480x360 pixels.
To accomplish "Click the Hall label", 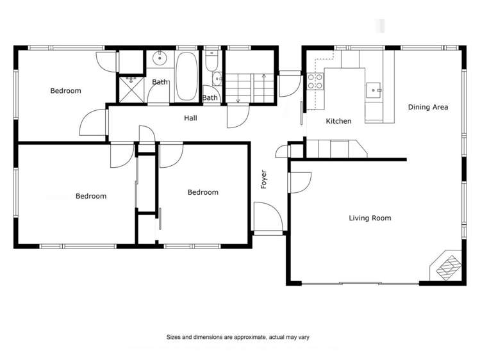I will pos(190,118).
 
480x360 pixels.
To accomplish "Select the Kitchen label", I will pos(338,121).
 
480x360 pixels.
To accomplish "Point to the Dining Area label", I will pos(427,107).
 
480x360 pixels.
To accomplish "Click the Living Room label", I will pos(370,218).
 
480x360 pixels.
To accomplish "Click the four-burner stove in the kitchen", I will pos(315,81).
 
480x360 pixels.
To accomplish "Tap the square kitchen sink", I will pos(373,90).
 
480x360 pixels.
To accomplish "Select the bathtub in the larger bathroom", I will pos(186,76).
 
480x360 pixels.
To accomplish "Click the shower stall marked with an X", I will pos(131,90).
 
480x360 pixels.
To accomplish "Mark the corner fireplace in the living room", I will pos(448,266).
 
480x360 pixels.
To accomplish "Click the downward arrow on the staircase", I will pos(238,98).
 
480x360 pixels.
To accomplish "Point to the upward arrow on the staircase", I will pos(264,77).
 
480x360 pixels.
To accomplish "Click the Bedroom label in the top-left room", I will pos(65,91).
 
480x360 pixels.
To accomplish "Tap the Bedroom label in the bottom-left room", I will pos(91,196).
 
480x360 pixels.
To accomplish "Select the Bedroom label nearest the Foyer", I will pos(203,192).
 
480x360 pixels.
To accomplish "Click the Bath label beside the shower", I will pos(160,81).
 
